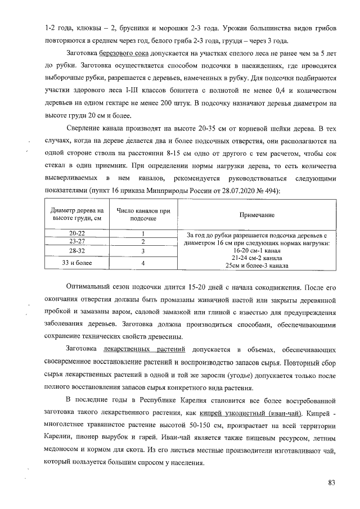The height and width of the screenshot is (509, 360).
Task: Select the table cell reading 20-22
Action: (x=77, y=233)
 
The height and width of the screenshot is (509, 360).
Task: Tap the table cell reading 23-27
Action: (x=77, y=241)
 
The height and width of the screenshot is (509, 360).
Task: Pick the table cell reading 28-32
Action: (x=77, y=251)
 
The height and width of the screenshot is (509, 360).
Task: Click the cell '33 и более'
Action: (x=77, y=262)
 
